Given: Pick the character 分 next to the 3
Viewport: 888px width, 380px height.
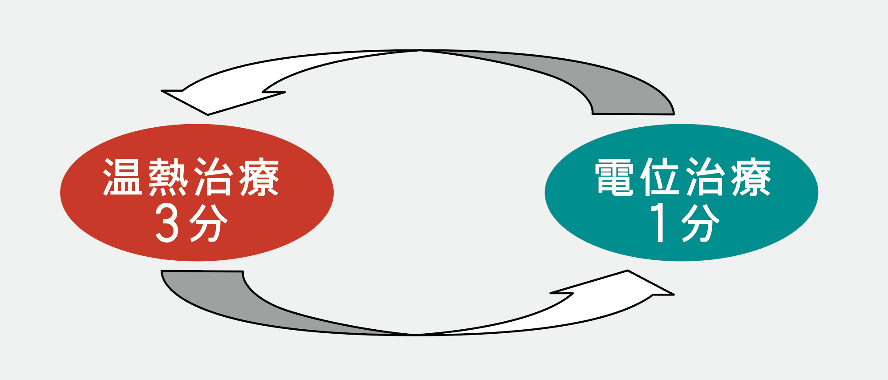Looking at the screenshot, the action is (208, 223).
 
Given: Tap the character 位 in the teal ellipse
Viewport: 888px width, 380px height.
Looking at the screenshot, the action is (659, 177).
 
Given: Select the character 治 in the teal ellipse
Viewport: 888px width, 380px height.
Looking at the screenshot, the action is (705, 177).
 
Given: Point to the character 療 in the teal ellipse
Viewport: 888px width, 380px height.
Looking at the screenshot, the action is (751, 177).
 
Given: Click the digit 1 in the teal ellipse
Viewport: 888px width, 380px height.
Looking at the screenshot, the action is (659, 223).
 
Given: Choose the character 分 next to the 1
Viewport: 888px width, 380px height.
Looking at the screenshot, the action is (700, 223).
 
